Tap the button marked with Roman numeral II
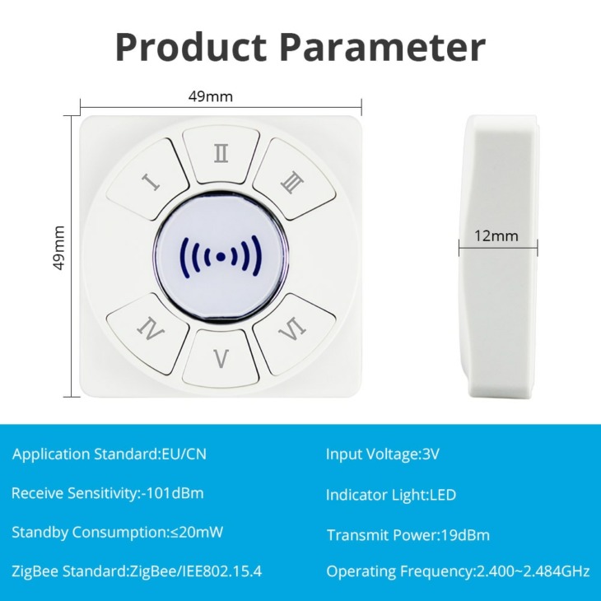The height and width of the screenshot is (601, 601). (x=221, y=154)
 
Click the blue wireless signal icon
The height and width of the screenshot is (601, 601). (x=221, y=257)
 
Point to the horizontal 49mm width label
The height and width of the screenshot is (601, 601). (x=211, y=96)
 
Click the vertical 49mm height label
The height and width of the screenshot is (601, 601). (x=60, y=248)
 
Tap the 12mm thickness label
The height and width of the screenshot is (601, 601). (x=496, y=235)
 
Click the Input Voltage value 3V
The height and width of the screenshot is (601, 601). (x=431, y=454)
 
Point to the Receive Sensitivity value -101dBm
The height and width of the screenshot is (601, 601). (x=173, y=493)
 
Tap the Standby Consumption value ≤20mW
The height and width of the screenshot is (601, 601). (x=196, y=532)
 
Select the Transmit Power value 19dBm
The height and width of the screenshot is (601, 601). (x=465, y=535)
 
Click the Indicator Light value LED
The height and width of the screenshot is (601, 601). (x=443, y=495)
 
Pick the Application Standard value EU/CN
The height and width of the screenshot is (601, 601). (x=184, y=454)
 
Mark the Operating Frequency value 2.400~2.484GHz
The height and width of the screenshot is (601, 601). (x=533, y=571)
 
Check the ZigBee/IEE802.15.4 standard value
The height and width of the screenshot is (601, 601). (x=196, y=571)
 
